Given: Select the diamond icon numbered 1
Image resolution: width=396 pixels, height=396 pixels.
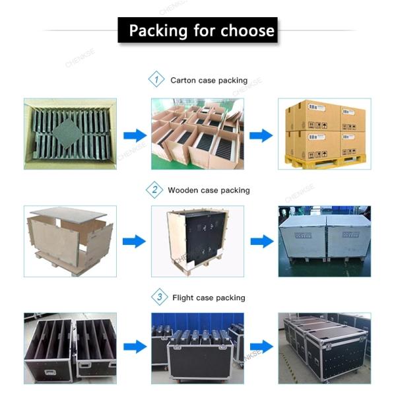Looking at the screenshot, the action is pos(156,80).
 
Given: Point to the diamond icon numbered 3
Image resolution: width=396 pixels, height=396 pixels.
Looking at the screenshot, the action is pos(159,297).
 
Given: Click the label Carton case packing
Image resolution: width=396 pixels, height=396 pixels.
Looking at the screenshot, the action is pos(209,81).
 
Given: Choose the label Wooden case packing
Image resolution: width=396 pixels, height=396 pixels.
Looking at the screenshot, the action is pos(209,190).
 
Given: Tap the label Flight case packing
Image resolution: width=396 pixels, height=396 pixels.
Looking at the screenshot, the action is pos(209,298).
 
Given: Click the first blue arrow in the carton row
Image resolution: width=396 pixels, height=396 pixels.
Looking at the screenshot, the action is pos(135,135).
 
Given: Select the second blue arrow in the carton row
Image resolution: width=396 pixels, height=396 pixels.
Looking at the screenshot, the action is pos(261,135).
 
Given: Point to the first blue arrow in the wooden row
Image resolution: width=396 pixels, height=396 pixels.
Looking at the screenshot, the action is pos(134,241).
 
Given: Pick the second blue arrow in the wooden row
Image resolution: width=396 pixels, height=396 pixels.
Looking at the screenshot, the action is pos(261,241).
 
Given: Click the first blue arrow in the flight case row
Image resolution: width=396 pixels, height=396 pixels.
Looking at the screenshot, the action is pos(135,346).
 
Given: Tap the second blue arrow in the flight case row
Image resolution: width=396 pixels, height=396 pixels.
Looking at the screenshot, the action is pos(261,346).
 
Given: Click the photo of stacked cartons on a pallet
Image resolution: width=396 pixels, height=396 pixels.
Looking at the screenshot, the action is pos(324,134).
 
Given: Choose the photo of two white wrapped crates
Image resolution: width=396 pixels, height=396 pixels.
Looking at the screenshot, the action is pos(324,241).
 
